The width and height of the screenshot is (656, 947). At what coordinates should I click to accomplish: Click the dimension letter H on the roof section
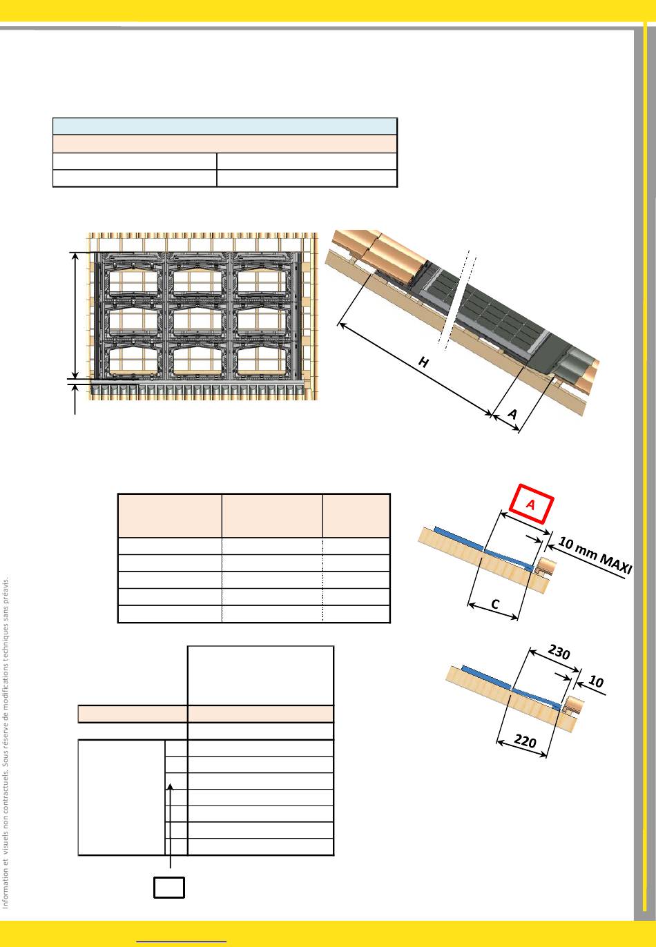pyautogui.click(x=424, y=362)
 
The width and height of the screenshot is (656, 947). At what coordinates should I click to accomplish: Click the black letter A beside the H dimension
pyautogui.click(x=512, y=413)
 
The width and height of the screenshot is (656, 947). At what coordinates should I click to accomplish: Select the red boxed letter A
pyautogui.click(x=531, y=505)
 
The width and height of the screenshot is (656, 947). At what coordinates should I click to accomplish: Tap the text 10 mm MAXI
pyautogui.click(x=595, y=555)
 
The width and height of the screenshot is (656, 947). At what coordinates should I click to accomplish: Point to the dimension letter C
pyautogui.click(x=496, y=604)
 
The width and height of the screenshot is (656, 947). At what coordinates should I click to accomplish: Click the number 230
pyautogui.click(x=559, y=652)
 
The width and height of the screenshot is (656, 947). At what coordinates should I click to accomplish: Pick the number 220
pyautogui.click(x=525, y=741)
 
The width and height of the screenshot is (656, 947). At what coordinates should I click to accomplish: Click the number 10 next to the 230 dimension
pyautogui.click(x=596, y=681)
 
